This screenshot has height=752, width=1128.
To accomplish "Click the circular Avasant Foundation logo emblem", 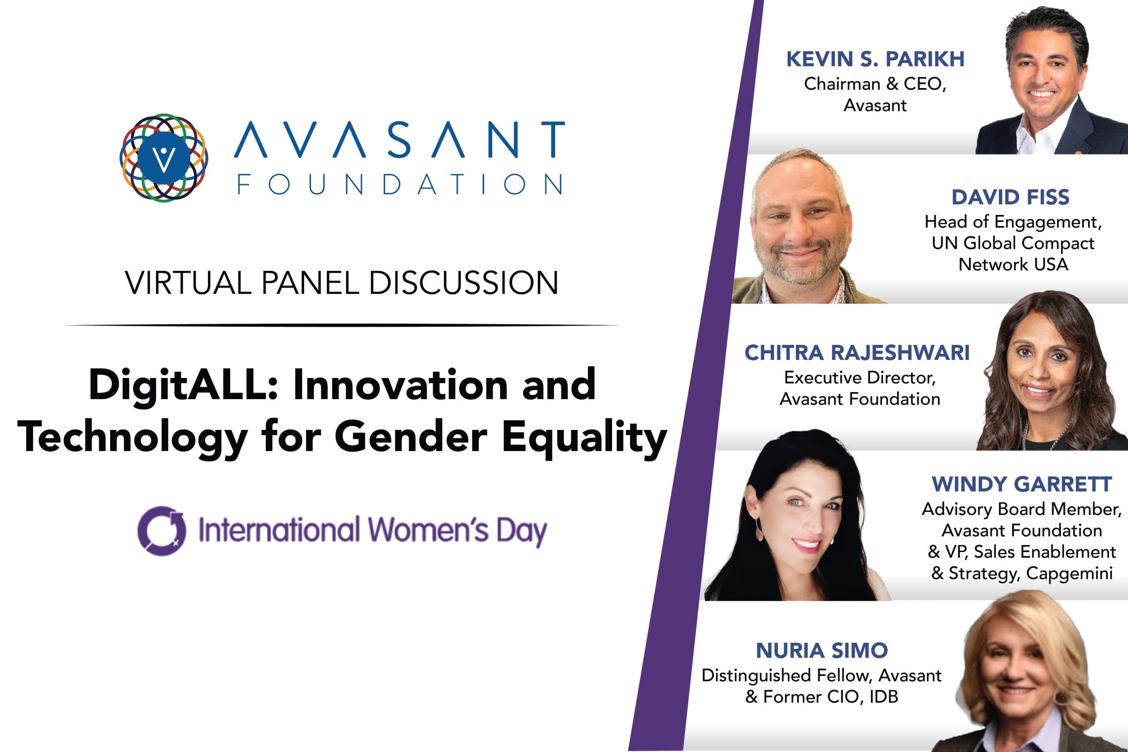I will click(163, 157).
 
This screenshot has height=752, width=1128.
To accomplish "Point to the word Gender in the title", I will click(411, 437).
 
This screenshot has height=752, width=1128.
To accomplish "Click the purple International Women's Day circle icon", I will click(162, 530).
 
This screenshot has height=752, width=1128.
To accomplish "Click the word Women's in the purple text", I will click(428, 530).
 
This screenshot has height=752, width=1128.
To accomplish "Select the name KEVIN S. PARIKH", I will click(875, 59).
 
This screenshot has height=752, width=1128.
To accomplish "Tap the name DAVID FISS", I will click(1010, 197).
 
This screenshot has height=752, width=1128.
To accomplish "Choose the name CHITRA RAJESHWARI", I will click(857, 352).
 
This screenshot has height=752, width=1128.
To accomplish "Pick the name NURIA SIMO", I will click(821, 651).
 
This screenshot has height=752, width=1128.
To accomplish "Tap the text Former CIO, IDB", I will click(830, 697).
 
